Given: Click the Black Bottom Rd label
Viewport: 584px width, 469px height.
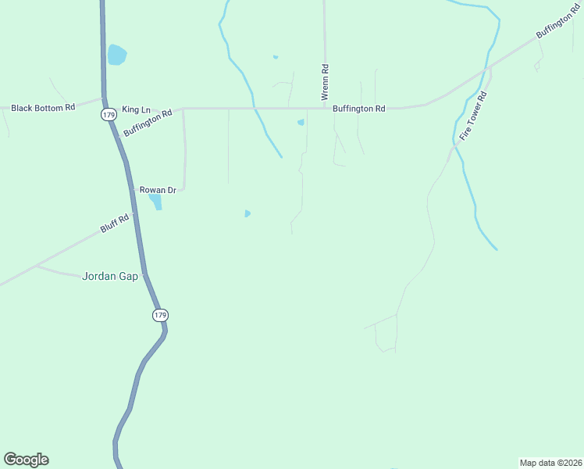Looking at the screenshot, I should [x=43, y=107].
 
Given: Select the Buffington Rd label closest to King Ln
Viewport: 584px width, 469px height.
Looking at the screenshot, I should [x=148, y=124].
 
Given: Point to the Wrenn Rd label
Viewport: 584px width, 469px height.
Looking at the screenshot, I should [x=324, y=81].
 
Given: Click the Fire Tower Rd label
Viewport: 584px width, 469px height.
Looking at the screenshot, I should [x=474, y=116].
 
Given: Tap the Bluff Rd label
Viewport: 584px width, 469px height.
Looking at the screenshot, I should [x=114, y=223].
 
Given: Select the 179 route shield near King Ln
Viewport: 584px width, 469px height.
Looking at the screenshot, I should [x=108, y=115].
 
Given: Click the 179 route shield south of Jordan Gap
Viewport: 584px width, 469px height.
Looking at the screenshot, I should [x=159, y=315].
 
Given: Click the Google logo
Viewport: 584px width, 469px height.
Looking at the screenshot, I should [x=26, y=460].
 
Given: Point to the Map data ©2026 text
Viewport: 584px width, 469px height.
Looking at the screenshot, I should [x=550, y=462].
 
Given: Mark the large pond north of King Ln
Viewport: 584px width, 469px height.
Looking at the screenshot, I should [x=116, y=55].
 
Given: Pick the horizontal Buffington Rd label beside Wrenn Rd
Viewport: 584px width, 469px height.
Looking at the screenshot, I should [x=359, y=109].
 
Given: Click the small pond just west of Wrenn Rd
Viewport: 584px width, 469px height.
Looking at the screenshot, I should [x=301, y=122].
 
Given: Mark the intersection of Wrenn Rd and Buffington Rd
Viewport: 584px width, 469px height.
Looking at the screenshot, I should [x=324, y=108].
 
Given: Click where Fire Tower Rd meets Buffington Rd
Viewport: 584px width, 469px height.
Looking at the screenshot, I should [x=490, y=69].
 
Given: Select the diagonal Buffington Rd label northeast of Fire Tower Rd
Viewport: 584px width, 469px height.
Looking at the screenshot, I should [x=557, y=26].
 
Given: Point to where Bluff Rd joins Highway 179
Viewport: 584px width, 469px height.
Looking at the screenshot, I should [x=134, y=212].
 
